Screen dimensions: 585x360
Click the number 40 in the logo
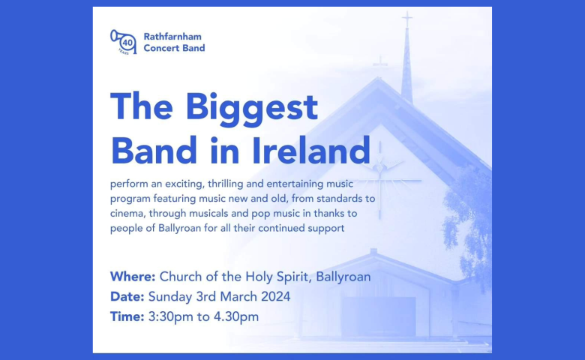[x=127, y=43]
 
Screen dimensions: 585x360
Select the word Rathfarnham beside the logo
[x=172, y=37]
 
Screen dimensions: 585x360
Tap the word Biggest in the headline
[x=251, y=109]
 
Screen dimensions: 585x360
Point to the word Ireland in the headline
[x=311, y=150]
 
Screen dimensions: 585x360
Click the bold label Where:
[x=133, y=277]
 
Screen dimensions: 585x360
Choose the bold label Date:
[x=127, y=296]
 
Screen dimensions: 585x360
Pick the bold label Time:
[x=127, y=316]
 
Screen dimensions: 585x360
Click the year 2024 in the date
[x=275, y=296]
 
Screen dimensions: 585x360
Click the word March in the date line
[x=238, y=296]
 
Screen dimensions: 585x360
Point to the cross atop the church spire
[x=407, y=19]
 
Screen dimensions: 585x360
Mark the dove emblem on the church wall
[x=381, y=165]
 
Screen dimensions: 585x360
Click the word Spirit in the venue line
[x=292, y=277]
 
